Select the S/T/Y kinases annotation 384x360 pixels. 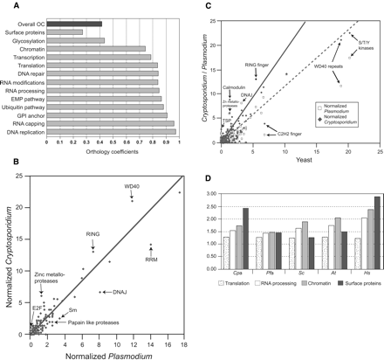pyautogui.click(x=366, y=41)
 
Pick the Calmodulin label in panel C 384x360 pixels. pyautogui.click(x=230, y=85)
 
